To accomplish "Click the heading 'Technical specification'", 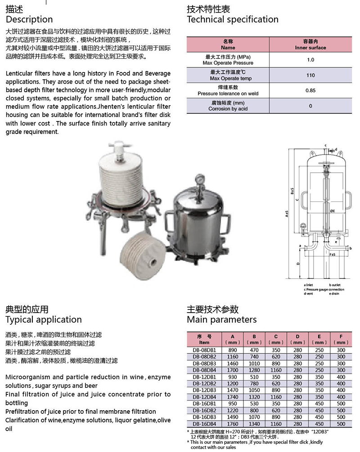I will click(x=232, y=19).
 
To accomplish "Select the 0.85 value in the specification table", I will click(x=310, y=90).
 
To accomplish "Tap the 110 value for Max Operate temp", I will click(x=310, y=75).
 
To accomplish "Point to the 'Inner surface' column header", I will click(x=310, y=47).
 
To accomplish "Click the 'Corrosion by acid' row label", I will click(x=228, y=109).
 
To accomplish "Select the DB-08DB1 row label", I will click(x=204, y=350).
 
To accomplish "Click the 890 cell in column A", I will click(x=232, y=350).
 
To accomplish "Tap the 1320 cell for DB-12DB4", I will click(x=254, y=397).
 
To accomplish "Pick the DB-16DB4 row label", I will click(x=204, y=424).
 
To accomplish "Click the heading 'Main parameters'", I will click(x=221, y=320).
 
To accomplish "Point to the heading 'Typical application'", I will click(x=44, y=320).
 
